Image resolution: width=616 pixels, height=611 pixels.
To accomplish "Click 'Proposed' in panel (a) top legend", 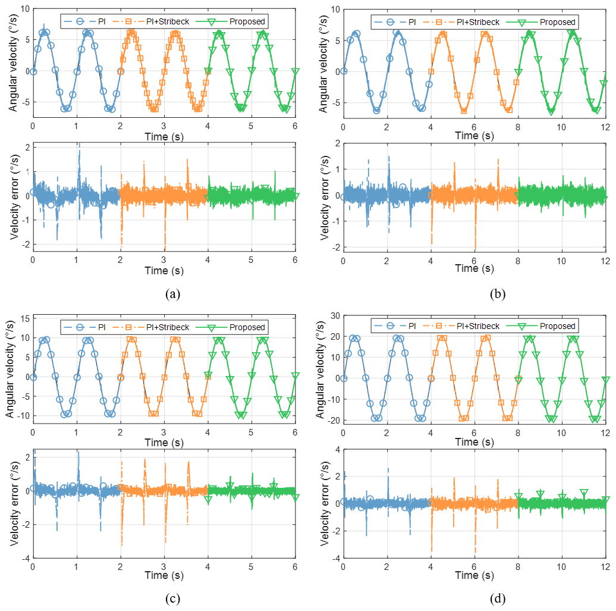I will pos(247,22).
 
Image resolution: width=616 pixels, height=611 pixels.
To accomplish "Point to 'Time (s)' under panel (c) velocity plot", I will pos(164,442).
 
